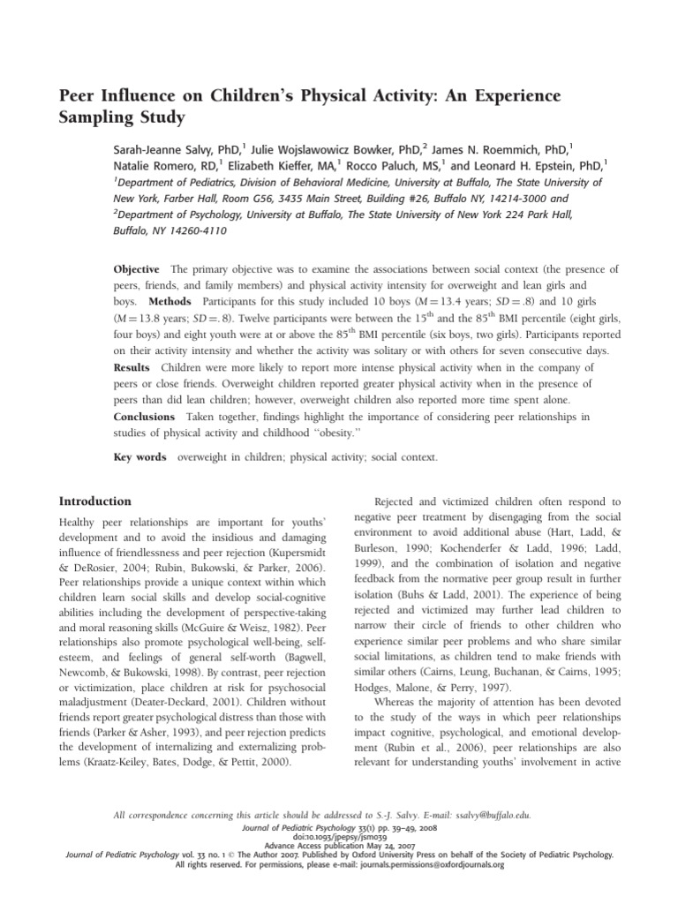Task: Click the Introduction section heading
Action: click(94, 501)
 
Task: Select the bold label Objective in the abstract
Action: click(137, 268)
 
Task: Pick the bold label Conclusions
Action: click(146, 416)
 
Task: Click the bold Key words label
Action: click(140, 457)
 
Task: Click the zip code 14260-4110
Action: click(192, 231)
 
